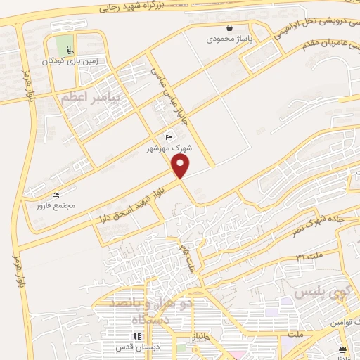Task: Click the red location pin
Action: point(181,165)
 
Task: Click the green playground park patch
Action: point(65,44)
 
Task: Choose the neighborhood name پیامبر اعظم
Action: point(91,95)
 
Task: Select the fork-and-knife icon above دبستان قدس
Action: point(137,336)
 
